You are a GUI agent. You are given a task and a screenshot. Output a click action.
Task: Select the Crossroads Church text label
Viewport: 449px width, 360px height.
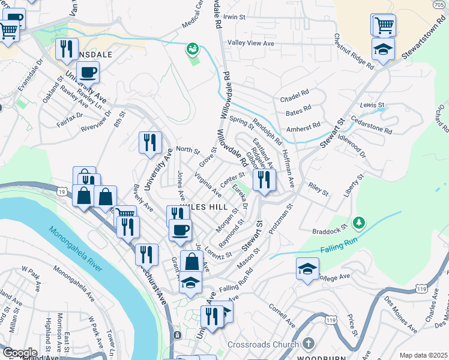(x=263, y=344)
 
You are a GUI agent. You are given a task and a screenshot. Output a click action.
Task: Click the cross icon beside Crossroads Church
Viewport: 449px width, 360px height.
(x=308, y=344)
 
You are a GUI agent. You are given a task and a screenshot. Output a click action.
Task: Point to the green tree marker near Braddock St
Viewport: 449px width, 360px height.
(x=359, y=223)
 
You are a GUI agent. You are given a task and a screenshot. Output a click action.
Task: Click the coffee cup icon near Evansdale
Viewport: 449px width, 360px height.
(x=88, y=73)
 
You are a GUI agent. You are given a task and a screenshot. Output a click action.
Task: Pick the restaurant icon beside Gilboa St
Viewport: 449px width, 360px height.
(x=264, y=179)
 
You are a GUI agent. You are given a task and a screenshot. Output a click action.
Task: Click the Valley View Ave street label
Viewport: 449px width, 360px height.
(x=250, y=43)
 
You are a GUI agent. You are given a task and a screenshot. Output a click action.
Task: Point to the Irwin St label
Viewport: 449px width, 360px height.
(x=235, y=17)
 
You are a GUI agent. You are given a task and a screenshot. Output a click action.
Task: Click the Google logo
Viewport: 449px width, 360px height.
(x=19, y=353)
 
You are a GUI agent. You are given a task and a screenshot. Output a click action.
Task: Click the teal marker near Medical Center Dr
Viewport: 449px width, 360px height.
(x=193, y=49)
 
